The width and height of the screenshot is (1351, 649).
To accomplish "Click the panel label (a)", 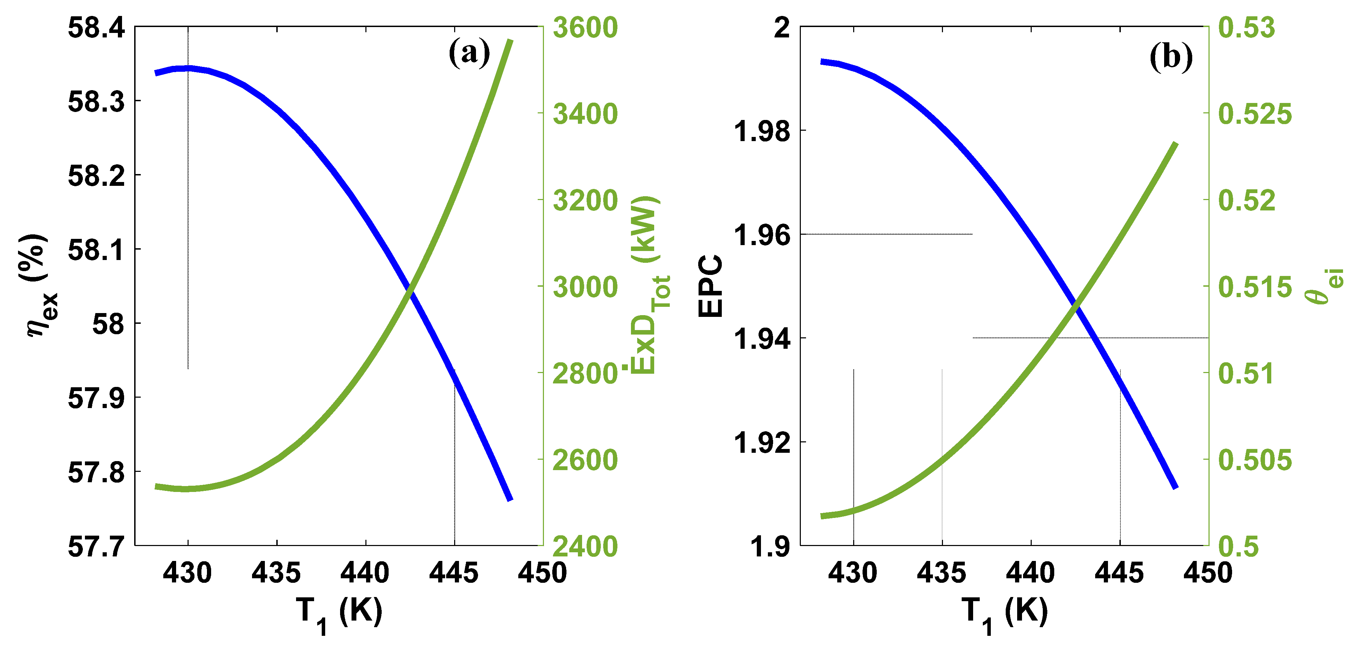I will tap(469, 53).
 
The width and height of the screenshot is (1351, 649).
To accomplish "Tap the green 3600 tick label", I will tap(585, 27).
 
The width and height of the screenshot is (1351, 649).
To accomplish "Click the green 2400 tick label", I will tap(585, 546).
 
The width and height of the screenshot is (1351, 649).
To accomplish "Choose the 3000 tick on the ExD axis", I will tap(585, 287).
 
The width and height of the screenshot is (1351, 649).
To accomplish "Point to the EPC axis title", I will tap(711, 286).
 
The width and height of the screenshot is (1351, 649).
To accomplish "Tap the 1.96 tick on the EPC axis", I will tap(762, 234).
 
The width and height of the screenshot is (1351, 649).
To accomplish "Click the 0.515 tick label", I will tap(1255, 287).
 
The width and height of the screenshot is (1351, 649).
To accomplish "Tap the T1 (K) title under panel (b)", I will tap(1004, 613).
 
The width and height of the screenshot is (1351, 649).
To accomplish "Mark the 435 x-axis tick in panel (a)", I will tap(276, 572).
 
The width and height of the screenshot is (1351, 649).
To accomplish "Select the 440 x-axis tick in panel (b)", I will tap(1031, 572).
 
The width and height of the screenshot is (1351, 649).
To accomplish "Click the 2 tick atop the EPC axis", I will tap(781, 27).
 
